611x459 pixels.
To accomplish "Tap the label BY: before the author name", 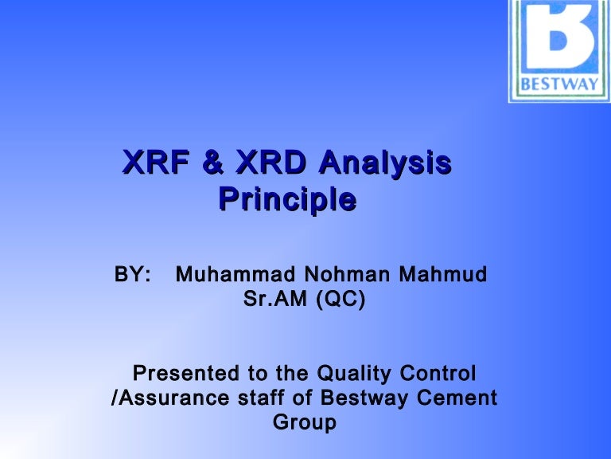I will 133,276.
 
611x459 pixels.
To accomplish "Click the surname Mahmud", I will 442,276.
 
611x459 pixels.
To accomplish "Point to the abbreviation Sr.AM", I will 274,302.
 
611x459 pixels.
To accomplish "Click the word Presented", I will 189,373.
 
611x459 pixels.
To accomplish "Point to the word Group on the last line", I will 305,422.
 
